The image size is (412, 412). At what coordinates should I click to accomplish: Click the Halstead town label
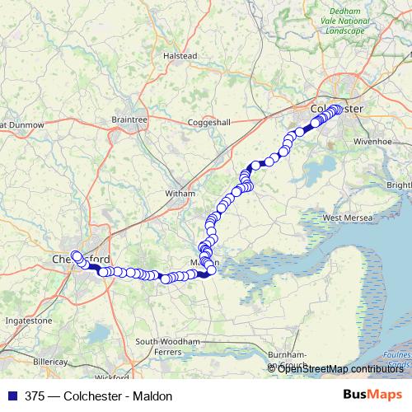(180, 55)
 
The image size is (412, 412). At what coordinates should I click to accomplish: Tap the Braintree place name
(129, 119)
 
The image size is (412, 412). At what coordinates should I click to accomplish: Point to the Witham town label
(180, 193)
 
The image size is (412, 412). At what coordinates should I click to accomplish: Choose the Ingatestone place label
(28, 320)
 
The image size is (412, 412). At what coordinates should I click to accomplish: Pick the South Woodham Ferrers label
(168, 347)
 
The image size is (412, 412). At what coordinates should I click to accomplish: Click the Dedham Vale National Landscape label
(345, 21)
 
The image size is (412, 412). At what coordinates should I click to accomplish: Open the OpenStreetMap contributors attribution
(341, 369)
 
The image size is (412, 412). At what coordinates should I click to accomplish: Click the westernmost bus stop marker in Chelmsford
(75, 255)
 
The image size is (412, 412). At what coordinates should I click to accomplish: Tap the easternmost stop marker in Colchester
(338, 109)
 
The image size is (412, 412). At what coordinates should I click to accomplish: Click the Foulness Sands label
(399, 358)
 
